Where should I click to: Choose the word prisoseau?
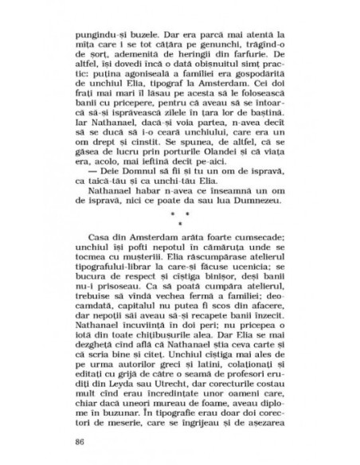[x=120, y=303]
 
